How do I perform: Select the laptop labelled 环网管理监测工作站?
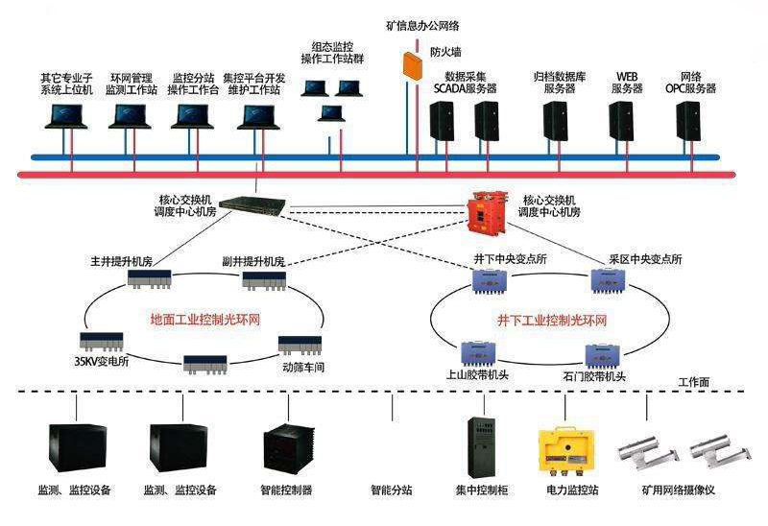(x=130, y=116)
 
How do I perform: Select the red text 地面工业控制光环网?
(x=204, y=320)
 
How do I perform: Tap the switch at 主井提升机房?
(x=149, y=279)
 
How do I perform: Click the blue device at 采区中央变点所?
(x=609, y=279)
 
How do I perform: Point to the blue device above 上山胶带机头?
(x=478, y=353)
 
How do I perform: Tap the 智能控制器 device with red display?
(x=285, y=449)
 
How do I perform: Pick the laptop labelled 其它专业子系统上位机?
(x=65, y=116)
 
